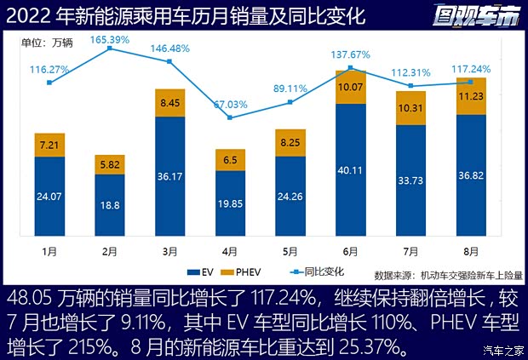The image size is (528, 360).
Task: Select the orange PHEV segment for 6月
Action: pos(351,87)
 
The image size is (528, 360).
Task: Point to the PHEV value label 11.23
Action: pos(471,96)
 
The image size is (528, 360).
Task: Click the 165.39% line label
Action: pos(110,39)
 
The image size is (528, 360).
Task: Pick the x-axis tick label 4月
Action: pos(230,252)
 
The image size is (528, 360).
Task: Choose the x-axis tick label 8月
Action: pos(471,252)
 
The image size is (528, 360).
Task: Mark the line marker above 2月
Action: pos(110,49)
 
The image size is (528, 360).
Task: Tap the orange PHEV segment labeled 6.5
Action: pos(230,160)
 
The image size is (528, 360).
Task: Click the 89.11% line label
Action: pos(290,88)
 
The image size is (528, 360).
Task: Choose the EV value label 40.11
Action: pos(351,169)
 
